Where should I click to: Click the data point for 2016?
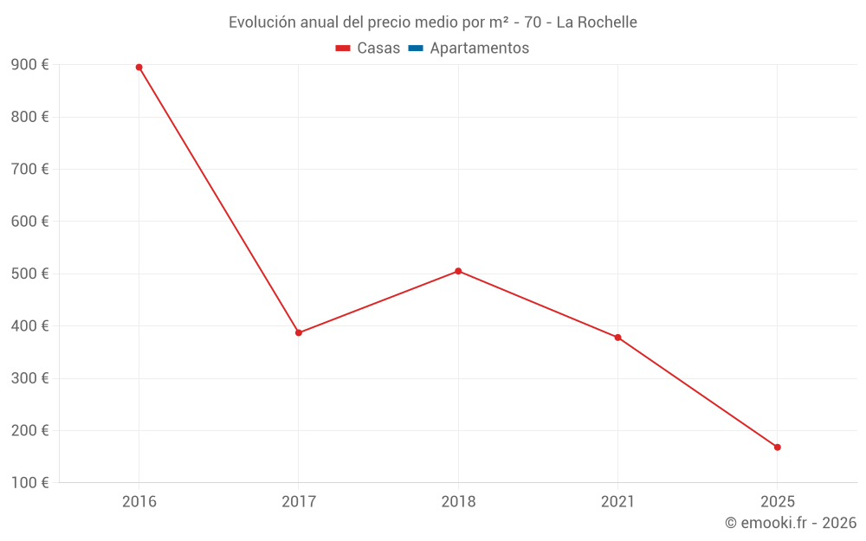[x=139, y=68]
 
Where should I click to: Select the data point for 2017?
[x=299, y=332]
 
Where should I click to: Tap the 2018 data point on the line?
[x=458, y=271]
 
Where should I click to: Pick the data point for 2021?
[x=617, y=338]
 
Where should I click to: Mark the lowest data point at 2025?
[x=777, y=448]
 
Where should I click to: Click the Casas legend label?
[x=378, y=48]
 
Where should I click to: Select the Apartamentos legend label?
[x=479, y=48]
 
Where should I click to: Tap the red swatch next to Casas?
[x=343, y=48]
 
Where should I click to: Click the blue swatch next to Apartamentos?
[x=416, y=48]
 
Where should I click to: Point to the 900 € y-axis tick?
[x=29, y=65]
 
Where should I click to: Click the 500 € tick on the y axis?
[x=29, y=274]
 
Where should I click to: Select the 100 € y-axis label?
[x=29, y=483]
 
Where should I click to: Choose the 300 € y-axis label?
[x=29, y=378]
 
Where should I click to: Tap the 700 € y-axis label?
[x=29, y=169]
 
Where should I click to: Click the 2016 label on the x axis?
[x=139, y=501]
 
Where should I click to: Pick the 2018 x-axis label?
[x=458, y=501]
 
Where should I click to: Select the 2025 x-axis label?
[x=777, y=501]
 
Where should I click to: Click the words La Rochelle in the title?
[x=597, y=23]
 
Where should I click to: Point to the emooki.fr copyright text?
[x=791, y=523]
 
